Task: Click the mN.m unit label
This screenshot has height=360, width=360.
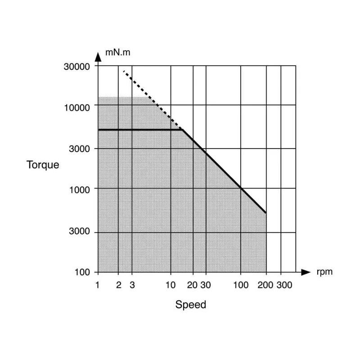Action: [x=117, y=53]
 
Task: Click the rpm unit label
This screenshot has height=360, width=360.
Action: [x=324, y=272]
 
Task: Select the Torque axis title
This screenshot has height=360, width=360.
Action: [x=43, y=165]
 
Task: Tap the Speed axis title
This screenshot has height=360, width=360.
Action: [x=190, y=305]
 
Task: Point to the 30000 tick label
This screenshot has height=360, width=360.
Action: [x=76, y=67]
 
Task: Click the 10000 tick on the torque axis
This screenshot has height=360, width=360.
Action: [x=76, y=108]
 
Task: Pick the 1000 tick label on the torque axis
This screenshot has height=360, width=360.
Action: [x=80, y=190]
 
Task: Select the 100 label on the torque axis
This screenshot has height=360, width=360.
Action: [x=82, y=272]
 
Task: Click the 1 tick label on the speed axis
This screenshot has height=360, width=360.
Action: [x=97, y=285]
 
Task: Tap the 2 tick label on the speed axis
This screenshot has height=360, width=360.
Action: [x=118, y=285]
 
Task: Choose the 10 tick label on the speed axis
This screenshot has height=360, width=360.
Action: [x=171, y=285]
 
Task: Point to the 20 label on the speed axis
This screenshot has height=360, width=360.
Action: [x=192, y=285]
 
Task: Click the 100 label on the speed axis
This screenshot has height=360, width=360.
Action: [x=241, y=285]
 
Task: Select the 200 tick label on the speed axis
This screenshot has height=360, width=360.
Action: [x=265, y=285]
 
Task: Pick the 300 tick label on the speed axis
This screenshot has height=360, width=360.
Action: [x=284, y=285]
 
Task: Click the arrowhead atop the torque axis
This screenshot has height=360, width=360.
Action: [x=98, y=57]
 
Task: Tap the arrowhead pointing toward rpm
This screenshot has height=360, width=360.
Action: [x=306, y=272]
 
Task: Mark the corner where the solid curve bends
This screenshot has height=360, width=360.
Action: [x=182, y=130]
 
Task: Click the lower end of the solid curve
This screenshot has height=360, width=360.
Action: [x=265, y=213]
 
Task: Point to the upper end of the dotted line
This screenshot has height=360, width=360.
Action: [x=124, y=72]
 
